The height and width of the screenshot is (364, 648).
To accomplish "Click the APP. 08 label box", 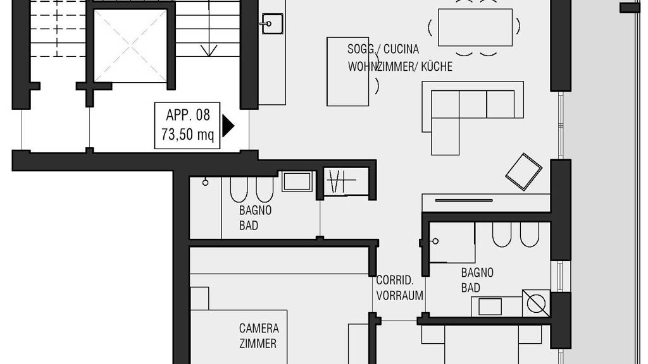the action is pos(187,126).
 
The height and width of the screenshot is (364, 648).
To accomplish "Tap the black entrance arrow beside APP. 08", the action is pos(228,126).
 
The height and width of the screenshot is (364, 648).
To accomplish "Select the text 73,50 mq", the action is pos(187,134).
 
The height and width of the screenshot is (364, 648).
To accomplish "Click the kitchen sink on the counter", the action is pos(272,23).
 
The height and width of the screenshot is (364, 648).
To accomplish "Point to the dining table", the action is pos(475,27).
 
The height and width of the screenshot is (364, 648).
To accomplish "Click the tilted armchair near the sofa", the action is pos(523,172).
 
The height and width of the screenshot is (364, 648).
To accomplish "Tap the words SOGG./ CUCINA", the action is pos(383,49).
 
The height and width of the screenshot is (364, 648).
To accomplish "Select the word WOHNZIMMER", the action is pos(382,66).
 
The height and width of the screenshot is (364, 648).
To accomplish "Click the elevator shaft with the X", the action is pos(130,45).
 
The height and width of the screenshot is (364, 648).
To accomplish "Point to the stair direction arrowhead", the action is pos(209,51).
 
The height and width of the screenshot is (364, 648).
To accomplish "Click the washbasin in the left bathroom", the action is pos(297,182).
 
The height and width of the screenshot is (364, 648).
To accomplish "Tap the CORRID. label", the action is pos(395,280).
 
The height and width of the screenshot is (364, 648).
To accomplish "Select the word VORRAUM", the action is pos(400,296).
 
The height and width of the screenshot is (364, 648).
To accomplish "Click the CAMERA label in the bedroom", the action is pos(259,329).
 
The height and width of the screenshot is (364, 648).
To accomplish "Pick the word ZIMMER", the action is pos(258,343).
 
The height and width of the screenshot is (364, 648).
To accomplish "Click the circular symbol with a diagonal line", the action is pos(536,304).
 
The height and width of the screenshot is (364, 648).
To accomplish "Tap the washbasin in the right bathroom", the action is pos(490,306).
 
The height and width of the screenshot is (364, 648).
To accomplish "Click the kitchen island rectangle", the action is pos(347,71).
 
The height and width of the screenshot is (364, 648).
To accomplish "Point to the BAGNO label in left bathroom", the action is pos(256,210).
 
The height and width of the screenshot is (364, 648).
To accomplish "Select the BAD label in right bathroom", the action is pos(471,288).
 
